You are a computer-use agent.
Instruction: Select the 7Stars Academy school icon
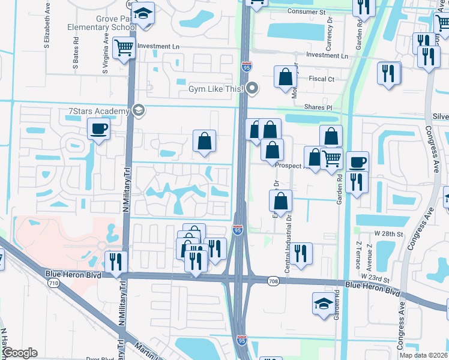tap(139, 110)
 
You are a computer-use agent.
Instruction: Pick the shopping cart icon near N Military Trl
tap(124, 47)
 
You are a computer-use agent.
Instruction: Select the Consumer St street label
tap(306, 11)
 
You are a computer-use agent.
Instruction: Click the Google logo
tap(20, 353)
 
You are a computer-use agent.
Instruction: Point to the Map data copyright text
tap(423, 355)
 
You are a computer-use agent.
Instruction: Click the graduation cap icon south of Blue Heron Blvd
tap(324, 304)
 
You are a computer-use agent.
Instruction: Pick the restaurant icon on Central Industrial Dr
tap(301, 253)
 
